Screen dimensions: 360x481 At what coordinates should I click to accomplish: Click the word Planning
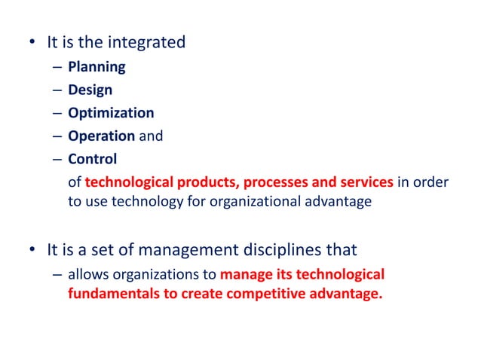(97, 66)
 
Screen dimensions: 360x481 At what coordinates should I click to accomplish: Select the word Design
(90, 90)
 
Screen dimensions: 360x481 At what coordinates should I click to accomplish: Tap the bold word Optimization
(111, 113)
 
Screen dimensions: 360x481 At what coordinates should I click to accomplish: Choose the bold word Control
(92, 160)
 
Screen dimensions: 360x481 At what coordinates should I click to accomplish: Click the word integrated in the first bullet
(148, 42)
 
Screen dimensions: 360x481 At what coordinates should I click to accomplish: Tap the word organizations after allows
(149, 274)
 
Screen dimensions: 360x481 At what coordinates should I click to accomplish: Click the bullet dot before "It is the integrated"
(29, 43)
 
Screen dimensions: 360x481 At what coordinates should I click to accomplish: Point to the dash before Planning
(58, 67)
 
